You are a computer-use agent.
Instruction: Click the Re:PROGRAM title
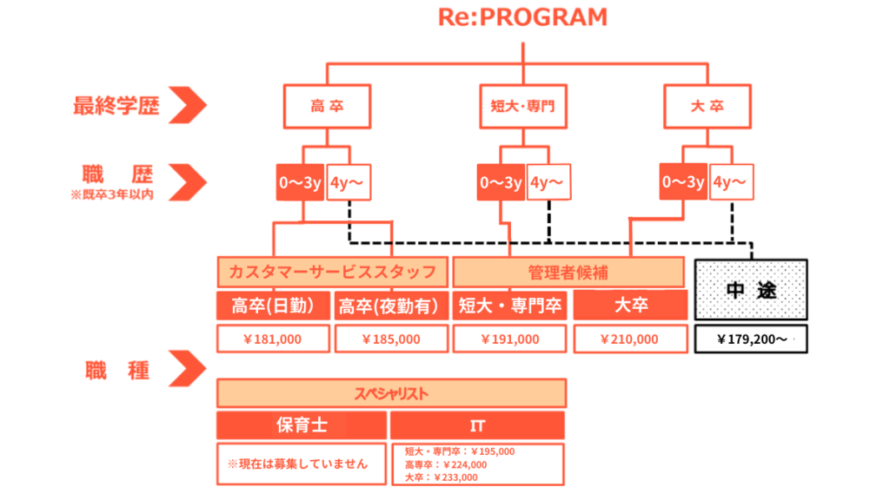pyautogui.click(x=521, y=17)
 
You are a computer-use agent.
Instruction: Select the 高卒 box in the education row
pyautogui.click(x=327, y=108)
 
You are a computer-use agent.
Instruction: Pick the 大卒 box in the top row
pyautogui.click(x=706, y=108)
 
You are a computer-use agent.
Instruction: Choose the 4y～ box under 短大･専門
pyautogui.click(x=548, y=182)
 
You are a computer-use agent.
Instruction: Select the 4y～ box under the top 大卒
pyautogui.click(x=731, y=182)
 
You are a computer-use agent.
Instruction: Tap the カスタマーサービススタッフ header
pyautogui.click(x=332, y=273)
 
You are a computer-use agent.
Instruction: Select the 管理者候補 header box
pyautogui.click(x=569, y=273)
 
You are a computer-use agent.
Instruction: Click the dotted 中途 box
pyautogui.click(x=751, y=292)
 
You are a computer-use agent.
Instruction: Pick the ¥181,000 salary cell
pyautogui.click(x=273, y=339)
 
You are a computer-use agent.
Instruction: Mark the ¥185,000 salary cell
pyautogui.click(x=391, y=339)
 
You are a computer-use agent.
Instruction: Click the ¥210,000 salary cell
pyautogui.click(x=629, y=339)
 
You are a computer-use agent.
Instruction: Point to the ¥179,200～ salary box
pyautogui.click(x=751, y=339)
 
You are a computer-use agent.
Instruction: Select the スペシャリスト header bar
pyautogui.click(x=391, y=393)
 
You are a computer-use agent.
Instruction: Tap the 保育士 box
pyautogui.click(x=302, y=425)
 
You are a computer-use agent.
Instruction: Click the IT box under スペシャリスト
pyautogui.click(x=477, y=425)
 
